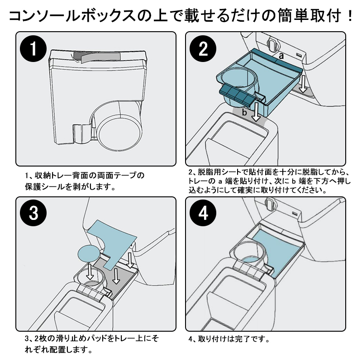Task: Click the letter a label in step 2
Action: click(281, 56)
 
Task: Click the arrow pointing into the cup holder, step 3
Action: click(90, 271)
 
